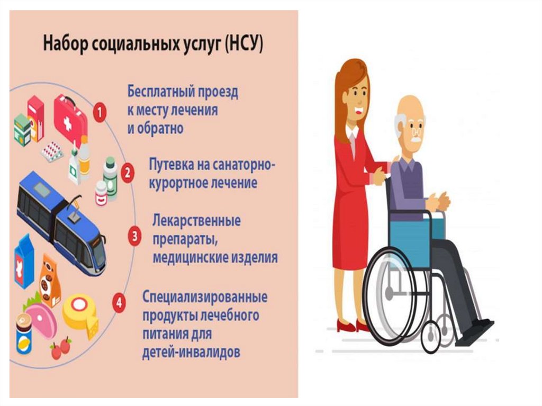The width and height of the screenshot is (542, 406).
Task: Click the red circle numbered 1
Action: (x=100, y=112)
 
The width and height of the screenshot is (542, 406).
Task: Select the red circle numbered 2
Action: (x=128, y=172)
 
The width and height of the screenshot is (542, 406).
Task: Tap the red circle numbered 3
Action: (x=134, y=236)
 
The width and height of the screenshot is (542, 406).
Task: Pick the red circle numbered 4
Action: (x=119, y=303)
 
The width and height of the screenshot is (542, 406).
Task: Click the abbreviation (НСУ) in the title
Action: (x=244, y=44)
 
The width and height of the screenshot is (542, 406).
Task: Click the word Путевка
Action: (x=171, y=164)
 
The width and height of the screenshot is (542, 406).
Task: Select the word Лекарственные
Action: (x=196, y=221)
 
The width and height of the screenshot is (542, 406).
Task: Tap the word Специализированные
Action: (x=205, y=297)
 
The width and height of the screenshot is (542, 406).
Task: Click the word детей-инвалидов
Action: (x=191, y=353)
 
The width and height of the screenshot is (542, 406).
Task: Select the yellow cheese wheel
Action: (x=80, y=314)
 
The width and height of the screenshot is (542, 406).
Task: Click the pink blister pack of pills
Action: (x=52, y=151)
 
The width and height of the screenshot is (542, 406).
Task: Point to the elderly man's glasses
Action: (x=417, y=132)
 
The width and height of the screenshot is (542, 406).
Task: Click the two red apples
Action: (x=61, y=348)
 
